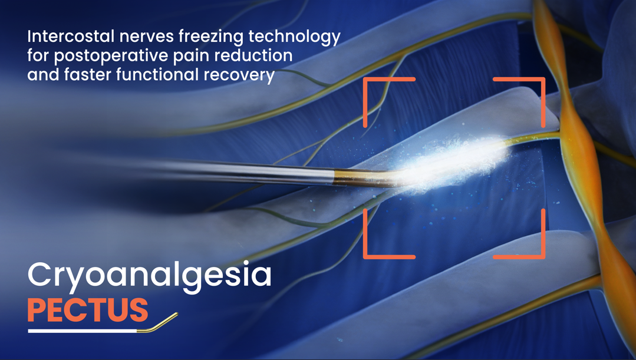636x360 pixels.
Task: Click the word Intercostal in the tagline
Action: pyautogui.click(x=71, y=37)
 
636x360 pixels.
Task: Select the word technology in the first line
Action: pyautogui.click(x=295, y=37)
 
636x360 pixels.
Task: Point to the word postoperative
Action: pyautogui.click(x=111, y=56)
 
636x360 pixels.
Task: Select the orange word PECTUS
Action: pyautogui.click(x=88, y=310)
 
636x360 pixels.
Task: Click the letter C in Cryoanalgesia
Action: pyautogui.click(x=39, y=275)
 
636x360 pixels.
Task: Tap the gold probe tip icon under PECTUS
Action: pyautogui.click(x=157, y=323)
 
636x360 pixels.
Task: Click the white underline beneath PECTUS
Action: pyautogui.click(x=83, y=331)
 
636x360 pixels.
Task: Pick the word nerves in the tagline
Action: pyautogui.click(x=147, y=37)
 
